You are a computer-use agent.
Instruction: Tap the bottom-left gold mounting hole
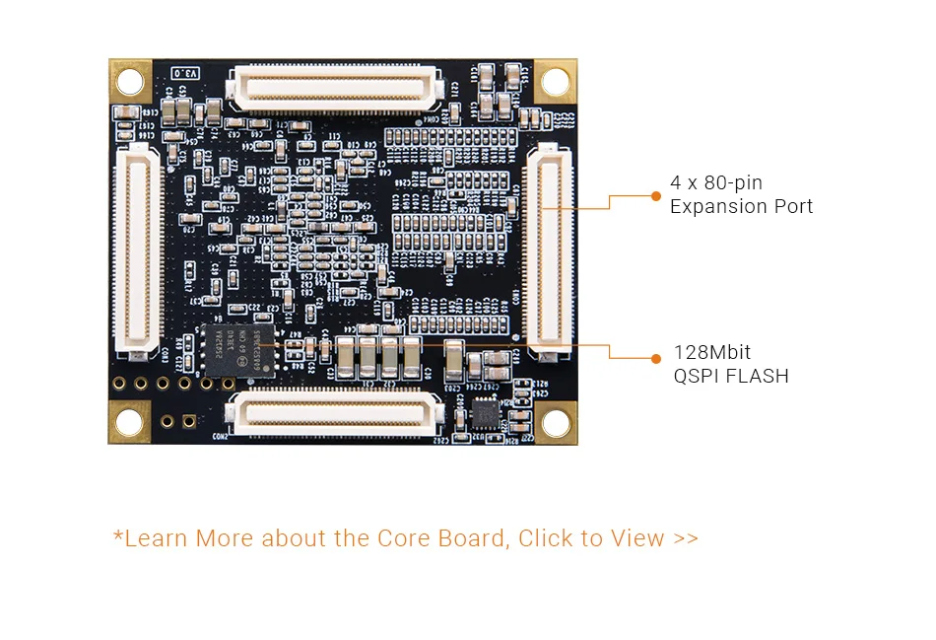point(129,420)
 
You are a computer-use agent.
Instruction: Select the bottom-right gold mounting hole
point(556,421)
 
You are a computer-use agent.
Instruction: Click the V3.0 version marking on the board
point(186,73)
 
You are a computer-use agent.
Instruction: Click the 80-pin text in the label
point(733,182)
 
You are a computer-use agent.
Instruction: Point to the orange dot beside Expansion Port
point(656,195)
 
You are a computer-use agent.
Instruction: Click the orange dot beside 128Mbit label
point(656,358)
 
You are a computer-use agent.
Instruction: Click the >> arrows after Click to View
point(687,538)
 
